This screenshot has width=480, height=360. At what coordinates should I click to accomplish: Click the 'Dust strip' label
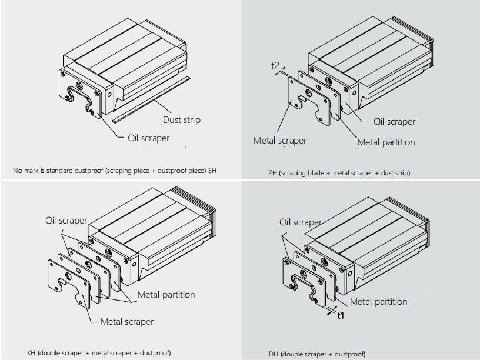point(181,120)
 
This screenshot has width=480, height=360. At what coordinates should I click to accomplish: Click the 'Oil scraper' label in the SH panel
point(148,138)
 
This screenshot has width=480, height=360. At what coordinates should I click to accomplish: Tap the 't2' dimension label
point(275,66)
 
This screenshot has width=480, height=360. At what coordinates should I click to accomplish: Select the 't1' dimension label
point(340,316)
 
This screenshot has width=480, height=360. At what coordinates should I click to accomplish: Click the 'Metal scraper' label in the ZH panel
point(280,141)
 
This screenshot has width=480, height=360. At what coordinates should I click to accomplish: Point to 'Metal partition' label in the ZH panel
point(386,142)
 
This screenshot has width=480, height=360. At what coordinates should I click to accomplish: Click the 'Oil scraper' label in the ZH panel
point(394,122)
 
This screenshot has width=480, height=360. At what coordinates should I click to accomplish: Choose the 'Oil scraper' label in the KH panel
point(66,221)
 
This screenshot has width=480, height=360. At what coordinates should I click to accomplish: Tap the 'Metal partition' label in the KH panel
point(166,294)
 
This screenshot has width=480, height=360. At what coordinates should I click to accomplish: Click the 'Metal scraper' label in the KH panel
point(126,322)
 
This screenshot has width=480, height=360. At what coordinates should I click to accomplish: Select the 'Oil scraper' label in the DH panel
point(300,222)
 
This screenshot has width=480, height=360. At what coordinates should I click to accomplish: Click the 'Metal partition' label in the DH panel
point(378,302)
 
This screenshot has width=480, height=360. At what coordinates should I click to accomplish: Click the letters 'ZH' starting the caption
point(272,173)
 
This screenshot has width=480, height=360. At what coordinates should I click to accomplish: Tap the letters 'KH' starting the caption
point(31,353)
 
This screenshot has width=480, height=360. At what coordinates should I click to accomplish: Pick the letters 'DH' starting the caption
point(274,354)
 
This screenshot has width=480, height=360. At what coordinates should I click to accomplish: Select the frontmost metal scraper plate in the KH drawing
point(65,282)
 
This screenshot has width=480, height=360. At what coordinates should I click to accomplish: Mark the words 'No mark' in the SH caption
point(25,171)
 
